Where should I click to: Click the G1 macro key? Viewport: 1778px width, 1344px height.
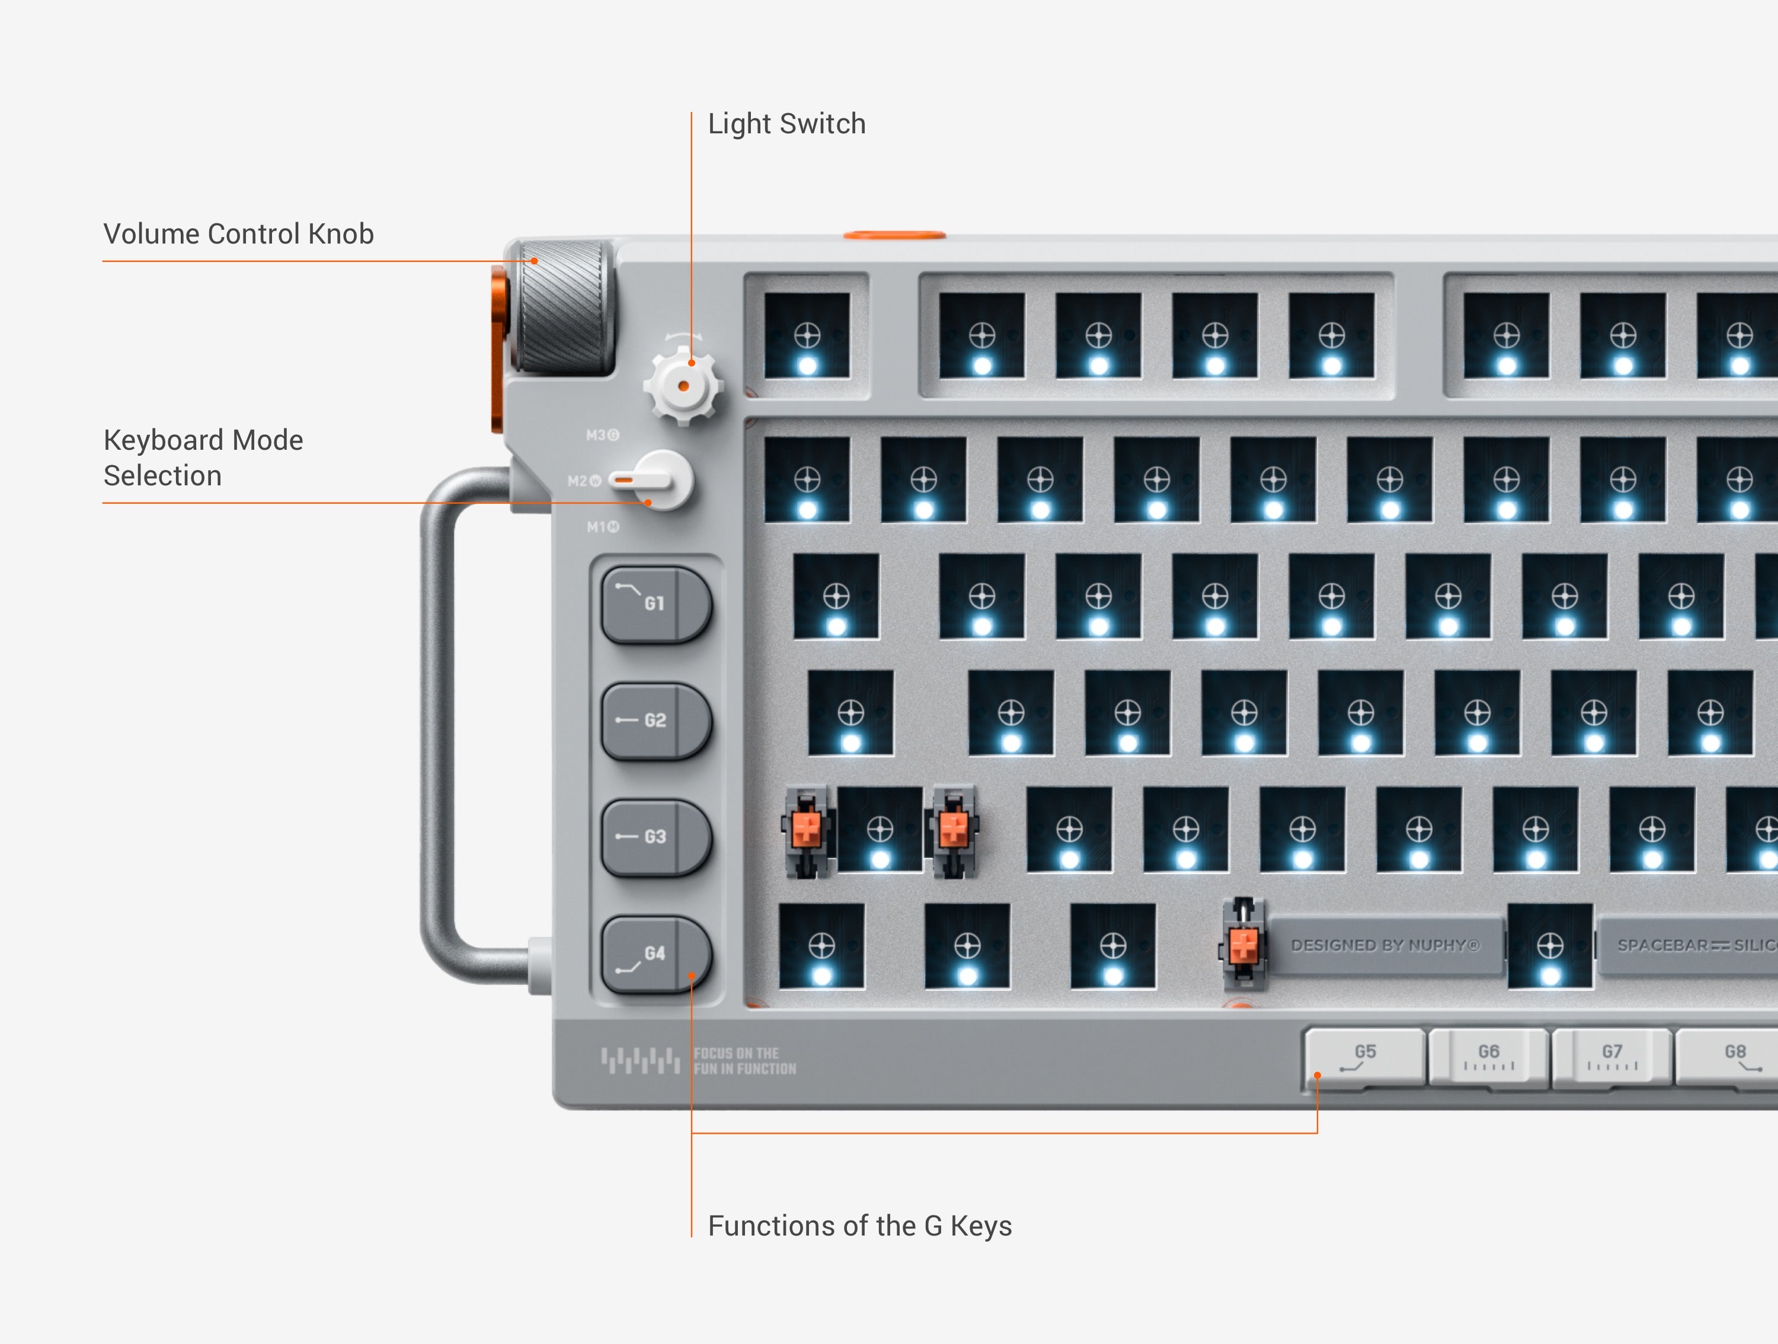click(x=655, y=604)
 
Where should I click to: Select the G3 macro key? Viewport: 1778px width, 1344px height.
click(x=655, y=837)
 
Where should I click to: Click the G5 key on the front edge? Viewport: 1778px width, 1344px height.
click(x=1364, y=1057)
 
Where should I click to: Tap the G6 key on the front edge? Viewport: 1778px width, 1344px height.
click(x=1488, y=1057)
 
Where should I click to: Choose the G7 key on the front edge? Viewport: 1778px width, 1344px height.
click(x=1611, y=1057)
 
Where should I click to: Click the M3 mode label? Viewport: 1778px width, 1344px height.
click(x=602, y=435)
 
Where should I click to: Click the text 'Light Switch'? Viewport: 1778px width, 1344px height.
click(x=786, y=124)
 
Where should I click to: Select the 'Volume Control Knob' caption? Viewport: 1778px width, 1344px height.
click(x=238, y=234)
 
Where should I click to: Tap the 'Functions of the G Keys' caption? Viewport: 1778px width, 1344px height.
click(x=859, y=1226)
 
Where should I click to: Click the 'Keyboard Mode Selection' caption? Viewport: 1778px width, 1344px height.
click(x=203, y=457)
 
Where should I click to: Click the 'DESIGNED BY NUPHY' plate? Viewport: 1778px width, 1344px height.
click(x=1384, y=945)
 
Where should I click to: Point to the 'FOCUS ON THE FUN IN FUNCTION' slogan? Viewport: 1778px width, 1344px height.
click(x=744, y=1061)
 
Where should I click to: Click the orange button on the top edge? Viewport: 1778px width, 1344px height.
click(x=894, y=235)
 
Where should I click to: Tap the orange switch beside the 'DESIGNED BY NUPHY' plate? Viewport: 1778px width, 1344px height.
click(x=1243, y=945)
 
